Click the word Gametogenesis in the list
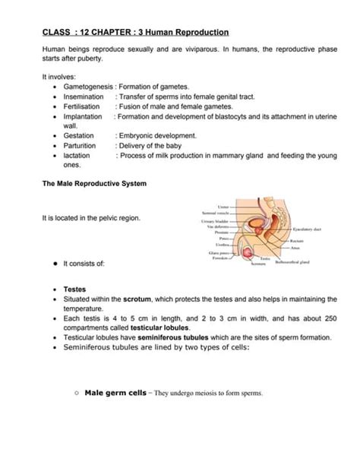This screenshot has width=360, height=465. (x=90, y=87)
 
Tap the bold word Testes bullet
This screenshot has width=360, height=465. (x=74, y=289)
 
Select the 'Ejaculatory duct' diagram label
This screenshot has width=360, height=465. (x=308, y=229)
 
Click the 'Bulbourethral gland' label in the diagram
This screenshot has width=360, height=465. (x=293, y=262)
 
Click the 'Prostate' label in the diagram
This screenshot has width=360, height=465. (x=220, y=232)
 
